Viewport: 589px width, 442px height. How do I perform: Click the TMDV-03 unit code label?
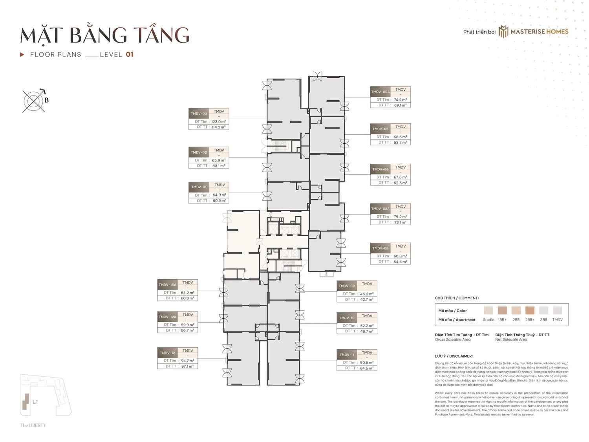click(199, 114)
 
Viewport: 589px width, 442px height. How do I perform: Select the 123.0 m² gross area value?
click(218, 122)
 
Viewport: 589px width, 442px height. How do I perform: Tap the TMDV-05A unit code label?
click(380, 92)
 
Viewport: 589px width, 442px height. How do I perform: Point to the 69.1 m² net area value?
click(400, 105)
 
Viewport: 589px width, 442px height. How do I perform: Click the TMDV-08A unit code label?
click(380, 209)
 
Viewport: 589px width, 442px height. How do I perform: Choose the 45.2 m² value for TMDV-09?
click(366, 294)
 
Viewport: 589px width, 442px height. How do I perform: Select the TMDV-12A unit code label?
click(167, 317)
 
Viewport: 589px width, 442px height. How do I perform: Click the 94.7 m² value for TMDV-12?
click(187, 361)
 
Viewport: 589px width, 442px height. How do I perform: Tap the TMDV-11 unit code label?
click(346, 355)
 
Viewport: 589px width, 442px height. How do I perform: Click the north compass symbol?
click(34, 101)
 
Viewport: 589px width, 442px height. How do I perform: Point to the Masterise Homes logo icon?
click(503, 32)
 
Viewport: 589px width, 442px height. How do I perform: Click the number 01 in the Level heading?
click(130, 55)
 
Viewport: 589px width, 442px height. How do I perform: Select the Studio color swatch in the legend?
click(488, 310)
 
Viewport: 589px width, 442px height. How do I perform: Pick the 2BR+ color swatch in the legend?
click(530, 310)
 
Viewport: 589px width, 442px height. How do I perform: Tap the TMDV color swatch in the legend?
click(557, 310)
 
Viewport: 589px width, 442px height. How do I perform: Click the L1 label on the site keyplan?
click(35, 402)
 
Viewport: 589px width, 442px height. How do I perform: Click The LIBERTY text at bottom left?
click(33, 425)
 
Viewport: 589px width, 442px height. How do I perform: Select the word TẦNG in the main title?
click(161, 35)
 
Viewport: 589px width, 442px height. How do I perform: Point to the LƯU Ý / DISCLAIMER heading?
click(454, 356)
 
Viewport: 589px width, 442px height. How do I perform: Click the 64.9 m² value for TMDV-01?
click(219, 195)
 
